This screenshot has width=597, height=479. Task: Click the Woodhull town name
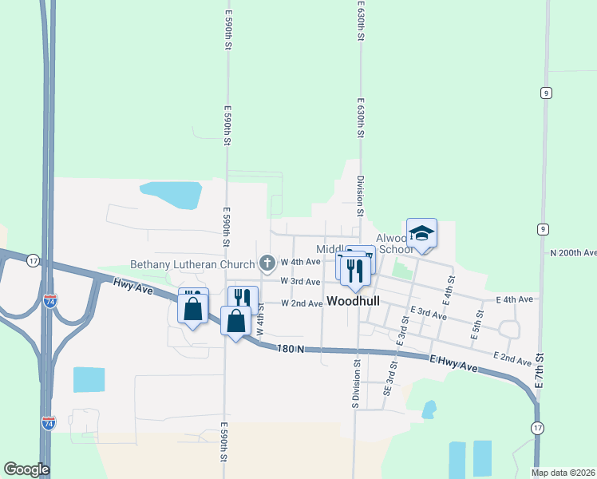(352, 302)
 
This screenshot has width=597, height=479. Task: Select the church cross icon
(268, 262)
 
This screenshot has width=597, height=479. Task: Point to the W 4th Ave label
(301, 262)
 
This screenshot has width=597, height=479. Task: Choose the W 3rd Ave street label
(301, 282)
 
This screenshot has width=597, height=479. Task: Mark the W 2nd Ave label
(301, 303)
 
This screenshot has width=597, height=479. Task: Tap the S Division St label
(354, 382)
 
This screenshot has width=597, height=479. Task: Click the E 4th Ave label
(514, 299)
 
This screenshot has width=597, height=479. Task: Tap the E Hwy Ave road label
(454, 363)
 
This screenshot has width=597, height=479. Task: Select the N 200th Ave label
(574, 252)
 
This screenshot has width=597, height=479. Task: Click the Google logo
(26, 469)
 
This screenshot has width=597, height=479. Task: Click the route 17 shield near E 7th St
(535, 429)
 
